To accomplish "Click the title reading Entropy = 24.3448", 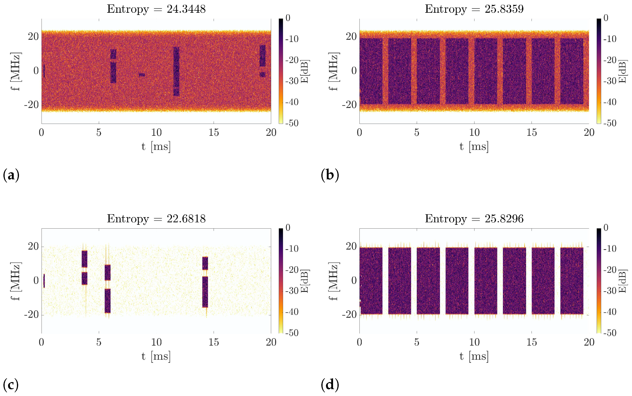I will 156,9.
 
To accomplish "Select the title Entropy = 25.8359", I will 474,9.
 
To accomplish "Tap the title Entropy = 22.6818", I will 156,219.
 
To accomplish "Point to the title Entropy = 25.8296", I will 474,219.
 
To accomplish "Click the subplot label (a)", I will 11,175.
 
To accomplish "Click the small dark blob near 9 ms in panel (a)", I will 142,75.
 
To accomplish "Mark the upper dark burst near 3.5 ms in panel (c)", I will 84,259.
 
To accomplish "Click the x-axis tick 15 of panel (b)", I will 531,133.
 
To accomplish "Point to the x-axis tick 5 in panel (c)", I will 99,342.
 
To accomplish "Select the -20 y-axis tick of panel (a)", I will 31,105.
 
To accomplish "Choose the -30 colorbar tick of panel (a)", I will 292,81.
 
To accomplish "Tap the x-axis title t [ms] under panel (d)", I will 474,356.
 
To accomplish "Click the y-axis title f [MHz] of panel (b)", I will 334,71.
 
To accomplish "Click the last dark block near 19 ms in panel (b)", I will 572,71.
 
